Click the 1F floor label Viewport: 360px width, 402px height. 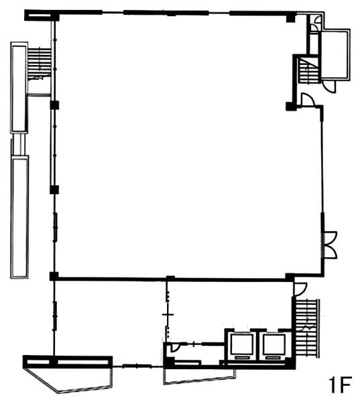(339, 385)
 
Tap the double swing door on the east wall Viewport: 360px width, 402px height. (329, 245)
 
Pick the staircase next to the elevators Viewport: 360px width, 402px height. (306, 328)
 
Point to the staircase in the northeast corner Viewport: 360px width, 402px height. (308, 70)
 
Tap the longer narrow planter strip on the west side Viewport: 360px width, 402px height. (19, 217)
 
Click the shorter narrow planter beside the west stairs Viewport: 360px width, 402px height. (19, 87)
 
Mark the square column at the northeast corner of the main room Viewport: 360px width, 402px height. (290, 18)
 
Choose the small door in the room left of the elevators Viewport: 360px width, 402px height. (175, 346)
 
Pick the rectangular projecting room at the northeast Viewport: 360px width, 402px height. (335, 54)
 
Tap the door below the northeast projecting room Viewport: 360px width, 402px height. (329, 86)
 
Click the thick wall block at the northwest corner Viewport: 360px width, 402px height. (42, 15)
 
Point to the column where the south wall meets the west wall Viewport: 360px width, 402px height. (54, 276)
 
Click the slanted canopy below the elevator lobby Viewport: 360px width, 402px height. (200, 377)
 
